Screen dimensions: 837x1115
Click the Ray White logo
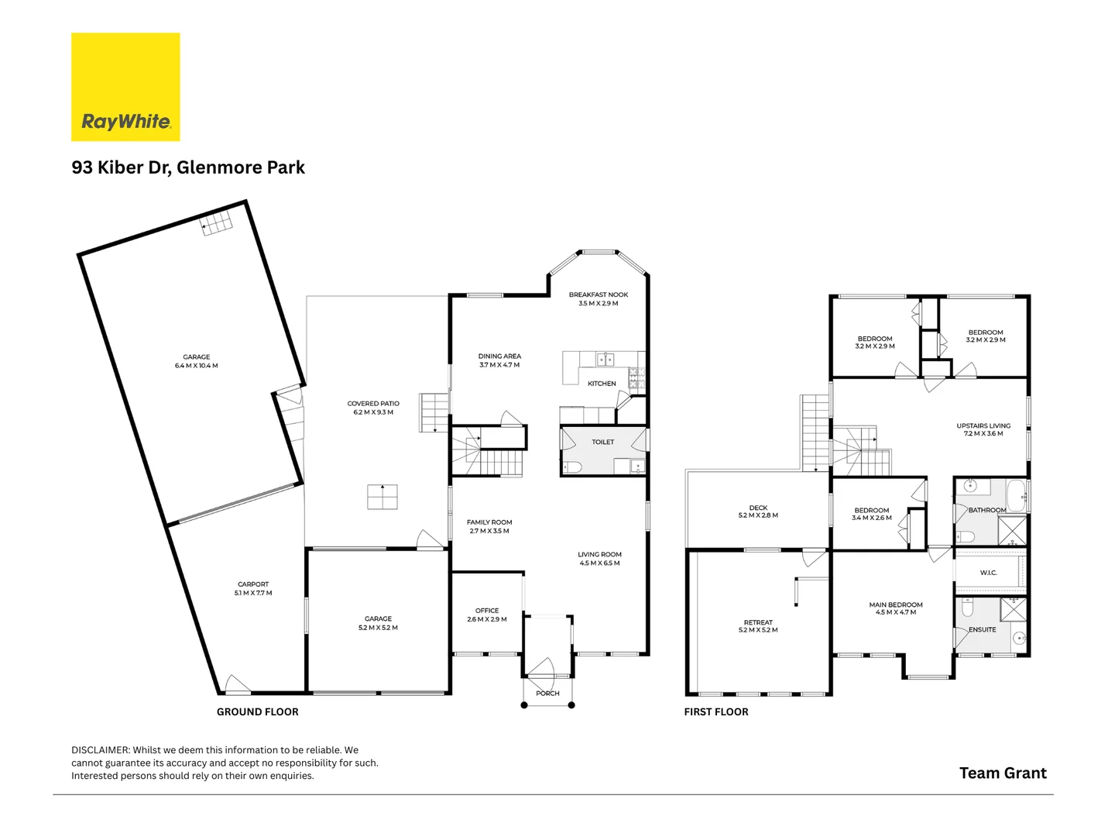pyautogui.click(x=125, y=87)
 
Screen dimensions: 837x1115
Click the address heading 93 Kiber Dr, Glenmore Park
pyautogui.click(x=188, y=167)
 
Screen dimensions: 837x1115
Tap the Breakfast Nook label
pyautogui.click(x=598, y=295)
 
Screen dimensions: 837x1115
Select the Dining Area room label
pyautogui.click(x=499, y=356)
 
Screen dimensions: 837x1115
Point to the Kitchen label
pyautogui.click(x=602, y=384)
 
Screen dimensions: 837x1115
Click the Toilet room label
pyautogui.click(x=602, y=442)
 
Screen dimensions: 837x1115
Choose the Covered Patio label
pyautogui.click(x=373, y=404)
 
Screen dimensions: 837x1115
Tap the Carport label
pyautogui.click(x=253, y=584)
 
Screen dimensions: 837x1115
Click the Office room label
pyautogui.click(x=487, y=611)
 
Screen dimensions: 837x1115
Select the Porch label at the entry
pyautogui.click(x=547, y=694)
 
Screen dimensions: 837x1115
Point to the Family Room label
pyautogui.click(x=489, y=522)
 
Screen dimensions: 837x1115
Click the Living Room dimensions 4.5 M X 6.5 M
pyautogui.click(x=599, y=563)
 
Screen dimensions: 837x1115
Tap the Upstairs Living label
pyautogui.click(x=983, y=425)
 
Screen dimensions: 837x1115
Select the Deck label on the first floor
pyautogui.click(x=758, y=508)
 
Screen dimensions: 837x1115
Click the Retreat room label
pyautogui.click(x=758, y=622)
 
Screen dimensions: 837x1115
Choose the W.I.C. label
pyautogui.click(x=988, y=573)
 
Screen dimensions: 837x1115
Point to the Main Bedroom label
pyautogui.click(x=896, y=604)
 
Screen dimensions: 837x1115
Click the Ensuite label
pyautogui.click(x=982, y=629)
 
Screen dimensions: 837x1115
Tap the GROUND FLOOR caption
pyautogui.click(x=257, y=711)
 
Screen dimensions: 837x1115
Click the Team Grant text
pyautogui.click(x=1003, y=773)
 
